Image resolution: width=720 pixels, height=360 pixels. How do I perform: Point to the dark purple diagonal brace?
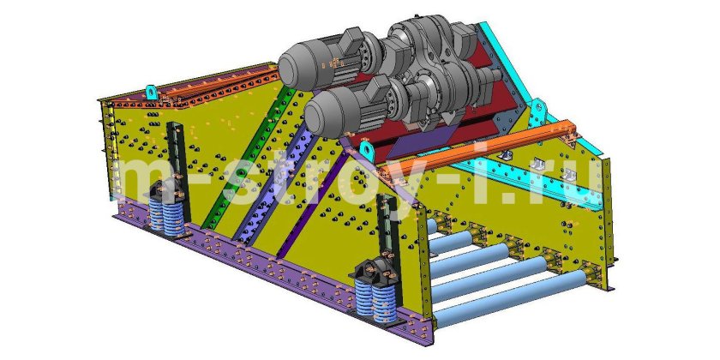pos(311,204)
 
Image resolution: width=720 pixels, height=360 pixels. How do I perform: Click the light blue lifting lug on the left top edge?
pos(152,93)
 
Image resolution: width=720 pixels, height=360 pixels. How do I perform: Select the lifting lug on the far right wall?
pos(538,108)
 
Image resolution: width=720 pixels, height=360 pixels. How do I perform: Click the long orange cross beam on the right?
pos(477,149)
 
